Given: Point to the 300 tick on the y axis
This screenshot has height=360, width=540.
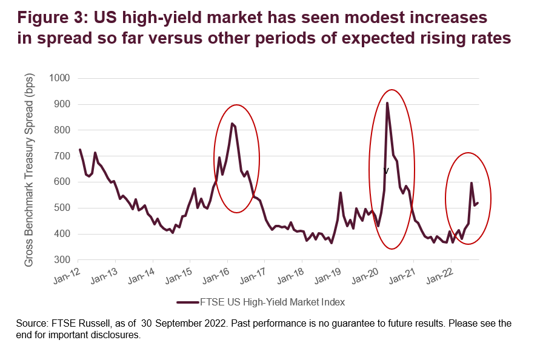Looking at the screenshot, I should point(64,259).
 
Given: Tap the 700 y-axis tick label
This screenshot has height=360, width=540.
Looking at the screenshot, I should point(64,156).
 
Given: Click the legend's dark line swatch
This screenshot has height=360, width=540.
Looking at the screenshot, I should point(188,301).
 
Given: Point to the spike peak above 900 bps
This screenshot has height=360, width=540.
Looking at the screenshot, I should point(387,103).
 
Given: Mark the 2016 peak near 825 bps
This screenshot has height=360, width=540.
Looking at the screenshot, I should point(232,124).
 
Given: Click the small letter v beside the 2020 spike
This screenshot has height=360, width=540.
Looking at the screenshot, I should point(386,172).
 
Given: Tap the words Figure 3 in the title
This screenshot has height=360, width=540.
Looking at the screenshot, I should point(47,16).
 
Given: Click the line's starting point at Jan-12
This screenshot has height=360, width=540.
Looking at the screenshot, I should point(80,150).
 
